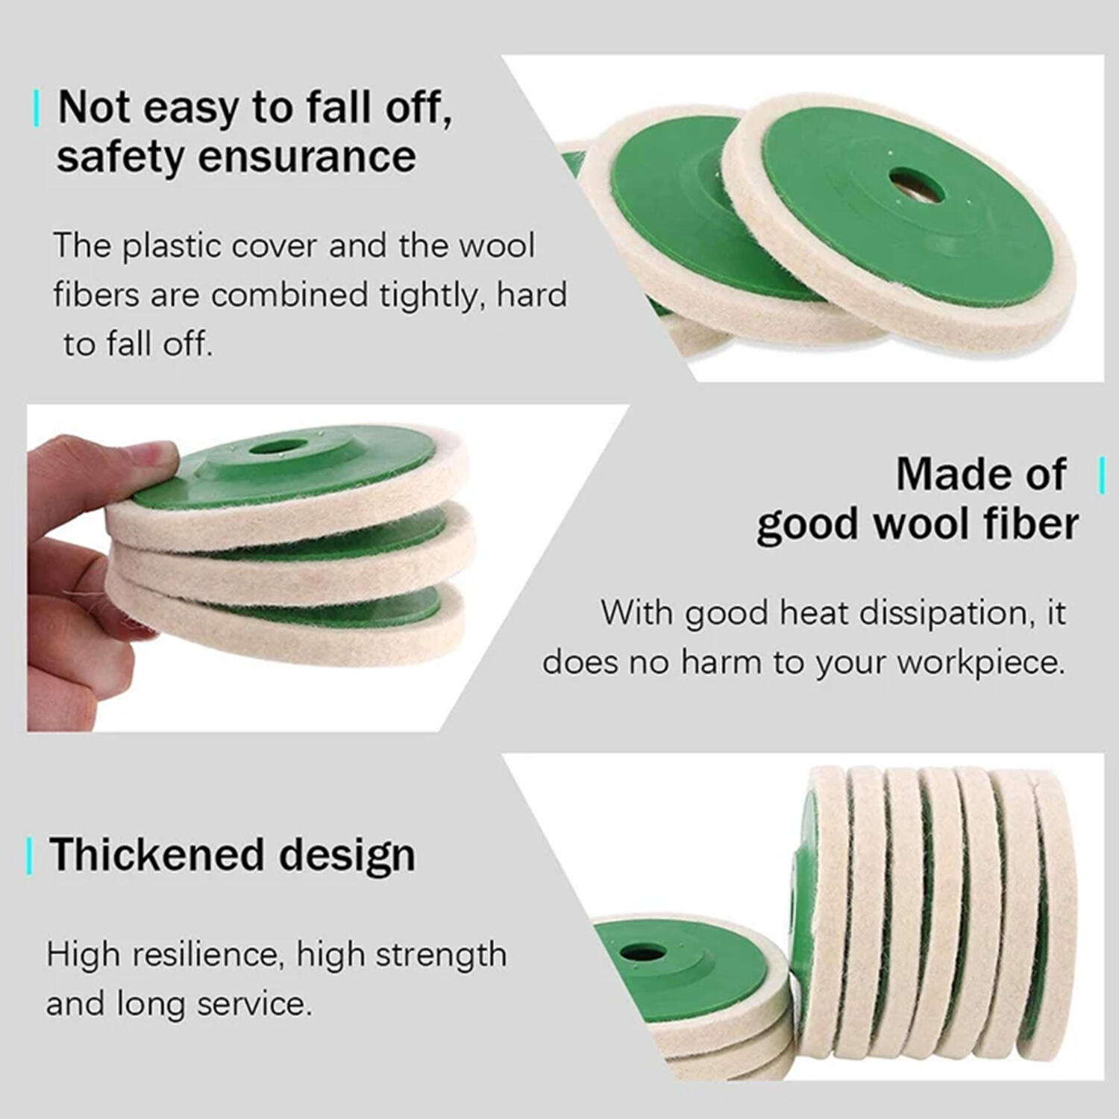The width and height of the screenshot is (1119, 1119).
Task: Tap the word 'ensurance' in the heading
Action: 307,157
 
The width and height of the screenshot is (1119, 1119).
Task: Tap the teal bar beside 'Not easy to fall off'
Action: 36,109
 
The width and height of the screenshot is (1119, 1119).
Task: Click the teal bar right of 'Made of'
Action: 1102,475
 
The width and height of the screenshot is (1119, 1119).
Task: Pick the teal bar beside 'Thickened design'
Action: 29,856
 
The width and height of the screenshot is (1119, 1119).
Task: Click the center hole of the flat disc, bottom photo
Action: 643,952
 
